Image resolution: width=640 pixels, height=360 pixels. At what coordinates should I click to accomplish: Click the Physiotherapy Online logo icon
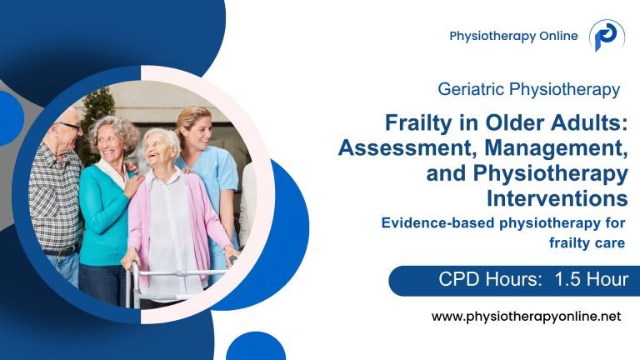pyautogui.click(x=607, y=36)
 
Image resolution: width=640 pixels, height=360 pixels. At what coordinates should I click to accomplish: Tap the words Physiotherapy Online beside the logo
pyautogui.click(x=513, y=36)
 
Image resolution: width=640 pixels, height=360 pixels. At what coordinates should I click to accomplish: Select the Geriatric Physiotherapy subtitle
pyautogui.click(x=528, y=87)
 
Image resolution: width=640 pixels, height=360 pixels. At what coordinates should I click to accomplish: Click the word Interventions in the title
pyautogui.click(x=557, y=199)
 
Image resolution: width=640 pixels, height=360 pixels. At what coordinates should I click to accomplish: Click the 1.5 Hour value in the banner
pyautogui.click(x=590, y=279)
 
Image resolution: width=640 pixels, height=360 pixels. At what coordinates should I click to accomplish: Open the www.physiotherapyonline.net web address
pyautogui.click(x=527, y=317)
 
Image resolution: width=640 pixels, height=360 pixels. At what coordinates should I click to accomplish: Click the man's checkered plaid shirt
pyautogui.click(x=53, y=200)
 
